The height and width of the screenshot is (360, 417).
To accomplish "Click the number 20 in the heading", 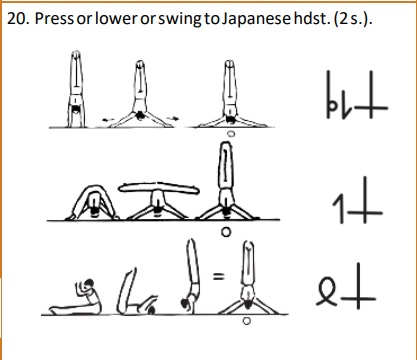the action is [x=17, y=19].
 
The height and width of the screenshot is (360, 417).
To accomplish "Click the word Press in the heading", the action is [x=54, y=19].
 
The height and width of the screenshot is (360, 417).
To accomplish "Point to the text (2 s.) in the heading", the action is [x=351, y=19].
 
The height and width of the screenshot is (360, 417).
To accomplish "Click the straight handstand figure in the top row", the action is [x=76, y=89].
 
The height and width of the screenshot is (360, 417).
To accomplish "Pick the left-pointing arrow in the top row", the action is [x=108, y=119].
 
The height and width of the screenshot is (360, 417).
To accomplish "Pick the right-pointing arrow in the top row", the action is [x=173, y=118].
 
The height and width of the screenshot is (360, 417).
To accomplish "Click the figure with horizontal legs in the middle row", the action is [x=159, y=201].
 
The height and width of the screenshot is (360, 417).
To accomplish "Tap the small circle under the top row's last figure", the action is [x=231, y=134].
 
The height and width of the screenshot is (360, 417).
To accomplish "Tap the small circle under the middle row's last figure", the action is [x=226, y=232].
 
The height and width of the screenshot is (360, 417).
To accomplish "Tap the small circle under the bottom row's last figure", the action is [x=246, y=321].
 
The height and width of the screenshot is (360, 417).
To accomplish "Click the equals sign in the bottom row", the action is [x=218, y=276].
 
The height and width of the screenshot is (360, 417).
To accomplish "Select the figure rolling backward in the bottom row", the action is [x=136, y=292].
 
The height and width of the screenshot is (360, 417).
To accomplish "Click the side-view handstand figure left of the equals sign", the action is [x=190, y=276].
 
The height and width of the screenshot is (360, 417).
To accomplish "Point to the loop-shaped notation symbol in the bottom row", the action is [x=327, y=292].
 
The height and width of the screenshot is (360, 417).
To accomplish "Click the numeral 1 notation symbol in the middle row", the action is [x=339, y=209].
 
